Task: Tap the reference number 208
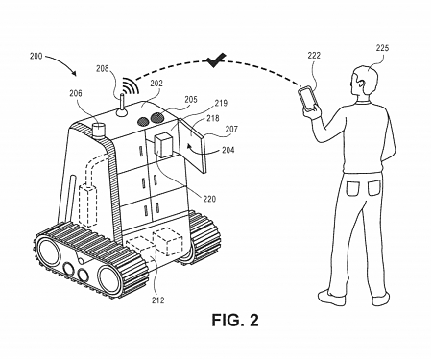click(x=103, y=70)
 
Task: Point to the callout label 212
click(x=158, y=300)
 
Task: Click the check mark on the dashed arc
click(x=212, y=61)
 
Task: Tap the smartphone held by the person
click(x=307, y=99)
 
